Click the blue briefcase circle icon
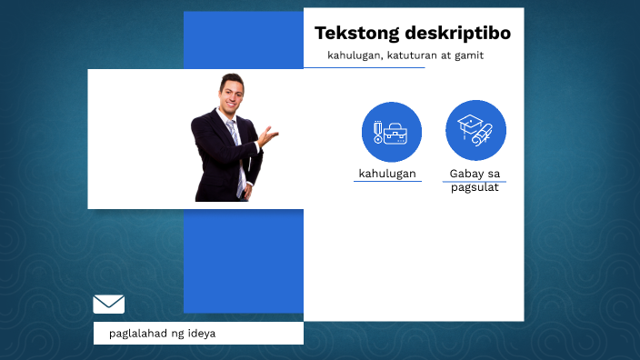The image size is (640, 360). [x=392, y=132]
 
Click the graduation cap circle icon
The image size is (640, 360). [x=475, y=130]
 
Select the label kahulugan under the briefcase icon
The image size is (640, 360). [x=387, y=173]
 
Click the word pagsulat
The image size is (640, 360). [x=475, y=187]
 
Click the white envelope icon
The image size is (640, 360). [x=109, y=305]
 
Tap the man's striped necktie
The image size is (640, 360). [x=235, y=150]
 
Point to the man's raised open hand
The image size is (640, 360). [x=268, y=136]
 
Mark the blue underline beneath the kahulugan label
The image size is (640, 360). [x=387, y=181]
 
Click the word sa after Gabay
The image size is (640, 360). [x=494, y=174]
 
